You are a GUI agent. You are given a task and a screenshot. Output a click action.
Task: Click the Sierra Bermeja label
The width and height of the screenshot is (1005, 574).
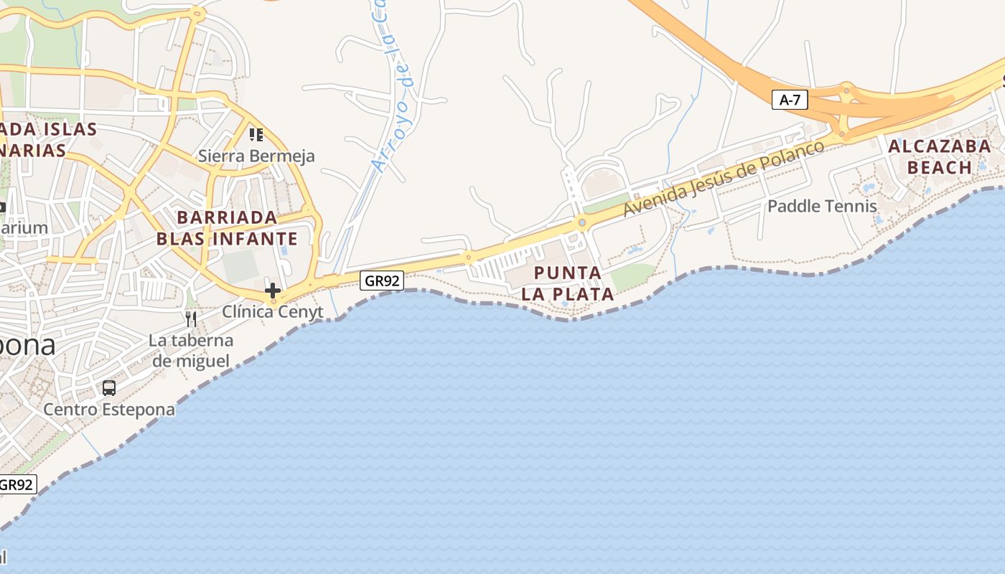coord(256,156)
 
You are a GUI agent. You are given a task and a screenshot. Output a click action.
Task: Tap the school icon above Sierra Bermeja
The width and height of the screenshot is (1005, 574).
coord(256,134)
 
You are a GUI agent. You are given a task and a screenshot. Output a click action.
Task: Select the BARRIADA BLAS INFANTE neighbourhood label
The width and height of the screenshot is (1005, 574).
coord(227,227)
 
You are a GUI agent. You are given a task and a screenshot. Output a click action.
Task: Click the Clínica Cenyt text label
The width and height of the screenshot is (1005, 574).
coord(273,312)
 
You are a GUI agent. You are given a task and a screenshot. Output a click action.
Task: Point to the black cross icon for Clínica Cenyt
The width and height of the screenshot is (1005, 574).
coord(273,291)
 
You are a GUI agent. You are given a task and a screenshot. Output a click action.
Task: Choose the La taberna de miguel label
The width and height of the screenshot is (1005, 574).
coord(191,350)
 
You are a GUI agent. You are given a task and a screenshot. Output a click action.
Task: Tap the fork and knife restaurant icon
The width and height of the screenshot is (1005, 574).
coord(191,319)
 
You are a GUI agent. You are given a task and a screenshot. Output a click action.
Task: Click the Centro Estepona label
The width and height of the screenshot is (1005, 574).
coord(109,409)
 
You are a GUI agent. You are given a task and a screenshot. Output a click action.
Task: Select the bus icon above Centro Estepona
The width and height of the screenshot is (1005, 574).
coord(109,388)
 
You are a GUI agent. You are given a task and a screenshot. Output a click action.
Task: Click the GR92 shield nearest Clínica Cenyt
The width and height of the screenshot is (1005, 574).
coord(381,281)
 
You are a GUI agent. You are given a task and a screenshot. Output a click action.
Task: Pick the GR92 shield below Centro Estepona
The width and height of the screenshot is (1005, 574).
coord(16,484)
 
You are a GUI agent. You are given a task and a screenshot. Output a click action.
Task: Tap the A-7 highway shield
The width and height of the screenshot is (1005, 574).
coord(790,100)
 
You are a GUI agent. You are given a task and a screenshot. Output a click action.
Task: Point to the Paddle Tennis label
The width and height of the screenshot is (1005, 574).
coord(822,207)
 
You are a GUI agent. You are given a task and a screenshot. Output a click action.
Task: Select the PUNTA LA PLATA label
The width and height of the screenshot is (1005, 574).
coord(568,283)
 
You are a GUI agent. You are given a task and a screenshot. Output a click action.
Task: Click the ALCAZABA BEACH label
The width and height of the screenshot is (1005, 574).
coord(939,157)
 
